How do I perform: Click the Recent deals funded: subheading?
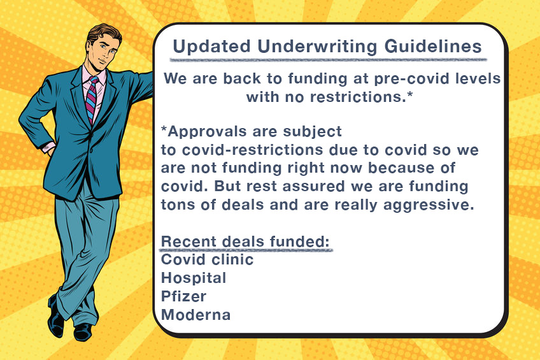point(245,242)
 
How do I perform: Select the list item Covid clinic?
point(207,260)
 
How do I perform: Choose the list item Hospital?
point(194,278)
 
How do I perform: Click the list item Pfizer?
point(183,296)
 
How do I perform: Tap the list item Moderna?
point(195,314)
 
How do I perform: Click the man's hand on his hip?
point(48,148)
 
